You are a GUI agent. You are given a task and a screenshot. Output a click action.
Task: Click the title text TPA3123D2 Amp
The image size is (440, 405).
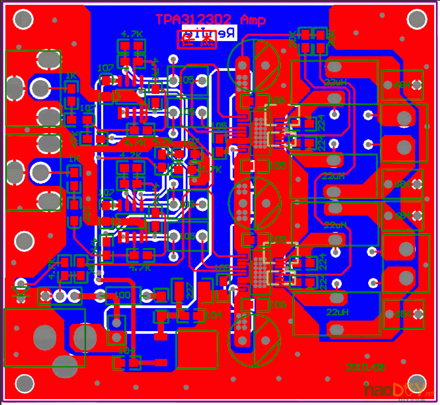click(x=211, y=20)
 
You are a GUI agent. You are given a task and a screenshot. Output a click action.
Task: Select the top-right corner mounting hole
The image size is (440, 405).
click(x=416, y=20)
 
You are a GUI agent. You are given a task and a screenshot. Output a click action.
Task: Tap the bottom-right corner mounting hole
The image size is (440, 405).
click(x=416, y=382)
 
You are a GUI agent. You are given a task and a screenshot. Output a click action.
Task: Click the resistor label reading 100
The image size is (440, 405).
click(x=122, y=295)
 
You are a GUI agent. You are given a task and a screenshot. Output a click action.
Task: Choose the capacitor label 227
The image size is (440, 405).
click(x=190, y=292)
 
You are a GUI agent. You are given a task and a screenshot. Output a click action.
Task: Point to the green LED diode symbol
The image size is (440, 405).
click(x=21, y=292)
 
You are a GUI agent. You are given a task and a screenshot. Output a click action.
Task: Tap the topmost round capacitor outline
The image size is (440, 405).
click(x=254, y=63)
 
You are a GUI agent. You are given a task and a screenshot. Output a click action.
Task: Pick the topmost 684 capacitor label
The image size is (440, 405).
click(x=401, y=85)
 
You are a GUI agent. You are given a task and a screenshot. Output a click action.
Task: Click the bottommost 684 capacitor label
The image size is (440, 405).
click(x=403, y=314)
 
